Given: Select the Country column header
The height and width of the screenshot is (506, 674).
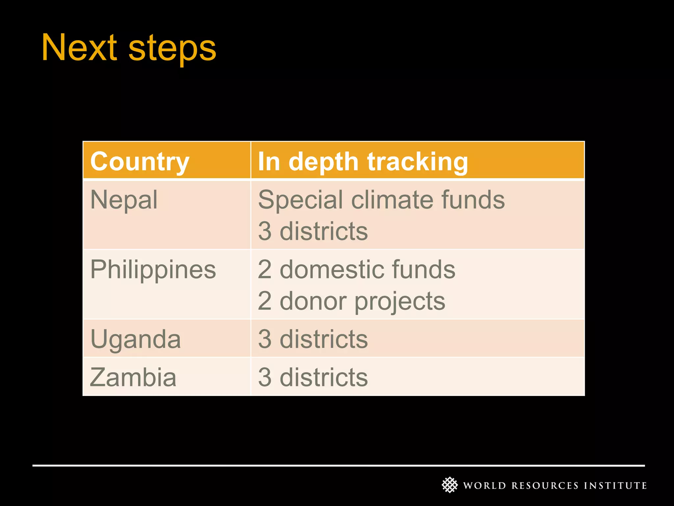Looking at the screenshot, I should [x=140, y=161].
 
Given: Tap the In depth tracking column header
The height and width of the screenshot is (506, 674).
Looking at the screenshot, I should [x=363, y=161].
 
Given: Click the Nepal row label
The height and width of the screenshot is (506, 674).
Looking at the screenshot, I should [x=124, y=200].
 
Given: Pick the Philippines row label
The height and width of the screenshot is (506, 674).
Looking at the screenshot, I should [x=153, y=269].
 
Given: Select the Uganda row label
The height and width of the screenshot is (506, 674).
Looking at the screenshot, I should [x=136, y=339].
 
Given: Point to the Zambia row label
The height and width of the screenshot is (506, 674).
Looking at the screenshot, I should [x=133, y=377].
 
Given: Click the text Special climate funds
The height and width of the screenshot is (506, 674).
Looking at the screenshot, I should [x=381, y=200].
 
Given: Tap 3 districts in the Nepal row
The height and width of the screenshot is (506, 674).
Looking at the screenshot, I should [x=313, y=231].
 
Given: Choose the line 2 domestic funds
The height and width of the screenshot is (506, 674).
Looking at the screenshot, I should [x=356, y=269].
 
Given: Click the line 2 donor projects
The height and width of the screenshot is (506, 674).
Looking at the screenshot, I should [x=351, y=301].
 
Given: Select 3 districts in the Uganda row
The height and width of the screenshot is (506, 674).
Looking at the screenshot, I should [x=313, y=339].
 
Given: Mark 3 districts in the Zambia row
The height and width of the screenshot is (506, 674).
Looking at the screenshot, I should [x=313, y=377].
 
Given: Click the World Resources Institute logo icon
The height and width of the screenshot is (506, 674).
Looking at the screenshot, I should [x=450, y=485].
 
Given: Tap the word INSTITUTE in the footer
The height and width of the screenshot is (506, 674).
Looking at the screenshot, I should [x=615, y=486].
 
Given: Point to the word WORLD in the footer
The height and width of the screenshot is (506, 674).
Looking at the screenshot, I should [x=484, y=486].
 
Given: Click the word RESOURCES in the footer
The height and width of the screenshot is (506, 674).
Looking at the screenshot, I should [x=545, y=486].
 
